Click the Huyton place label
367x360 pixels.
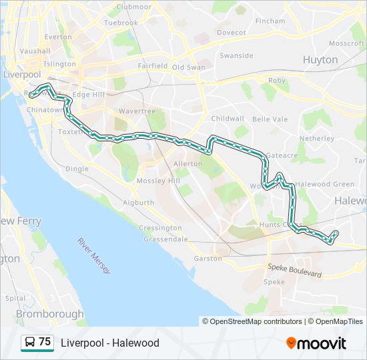320,59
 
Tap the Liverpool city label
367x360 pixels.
22,74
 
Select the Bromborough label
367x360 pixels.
49,313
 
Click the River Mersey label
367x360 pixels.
94,255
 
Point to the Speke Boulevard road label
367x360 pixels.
294,270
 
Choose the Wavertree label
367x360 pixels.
136,111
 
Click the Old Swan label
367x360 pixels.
189,67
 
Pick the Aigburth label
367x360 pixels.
139,202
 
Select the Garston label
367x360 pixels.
208,258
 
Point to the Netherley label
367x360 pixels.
316,138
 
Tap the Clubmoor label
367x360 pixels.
133,7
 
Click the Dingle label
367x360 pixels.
77,169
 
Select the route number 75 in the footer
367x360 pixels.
45,342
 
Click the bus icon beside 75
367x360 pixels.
30,343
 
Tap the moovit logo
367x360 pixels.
316,343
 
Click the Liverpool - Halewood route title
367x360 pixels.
110,343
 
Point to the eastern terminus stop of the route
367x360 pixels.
335,233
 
